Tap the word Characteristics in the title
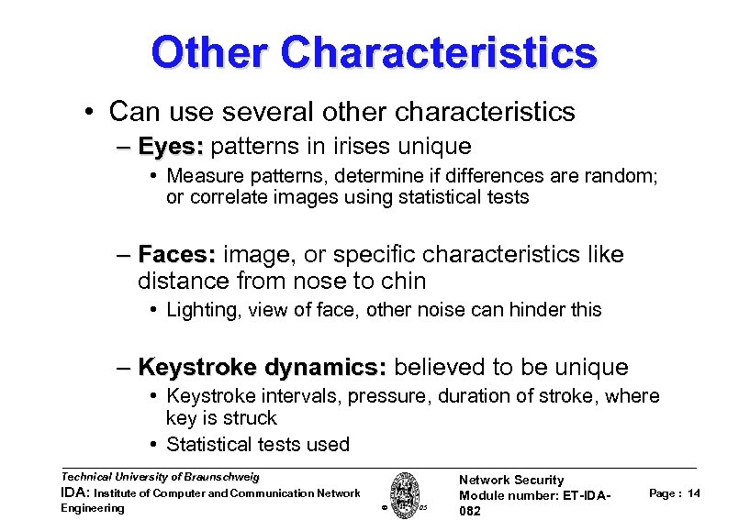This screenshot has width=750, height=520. [440, 52]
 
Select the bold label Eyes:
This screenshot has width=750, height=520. [172, 146]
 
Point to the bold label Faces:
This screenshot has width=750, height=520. [176, 253]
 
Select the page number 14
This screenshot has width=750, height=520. [693, 493]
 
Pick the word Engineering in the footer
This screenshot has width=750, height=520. [92, 508]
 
